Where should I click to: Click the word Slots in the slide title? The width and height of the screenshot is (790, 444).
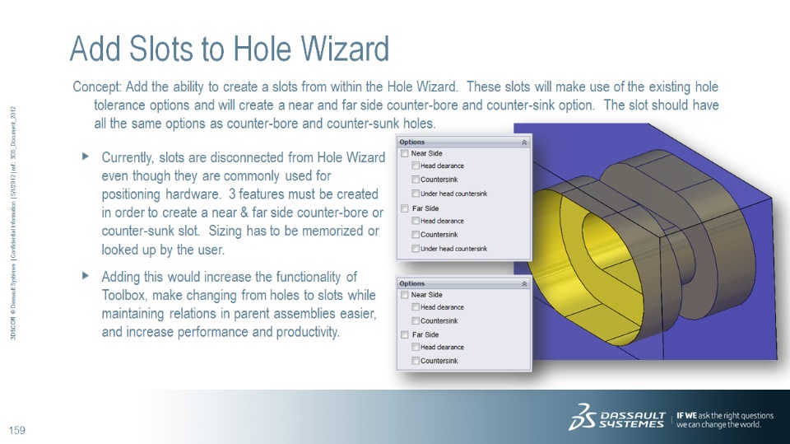(161, 49)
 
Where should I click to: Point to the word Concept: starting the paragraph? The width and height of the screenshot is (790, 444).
(97, 87)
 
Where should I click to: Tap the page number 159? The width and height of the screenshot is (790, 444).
(17, 430)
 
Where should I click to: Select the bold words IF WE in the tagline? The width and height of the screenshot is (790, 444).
(686, 415)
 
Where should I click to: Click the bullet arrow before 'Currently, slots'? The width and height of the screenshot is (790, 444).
(86, 157)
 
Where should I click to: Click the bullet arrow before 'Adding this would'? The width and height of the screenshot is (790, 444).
(86, 275)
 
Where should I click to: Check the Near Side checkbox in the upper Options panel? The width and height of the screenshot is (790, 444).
(405, 153)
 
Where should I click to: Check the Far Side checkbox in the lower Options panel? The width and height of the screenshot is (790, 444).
(405, 334)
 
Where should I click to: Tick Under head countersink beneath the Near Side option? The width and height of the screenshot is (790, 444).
(415, 194)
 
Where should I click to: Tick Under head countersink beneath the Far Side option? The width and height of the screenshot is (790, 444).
(415, 248)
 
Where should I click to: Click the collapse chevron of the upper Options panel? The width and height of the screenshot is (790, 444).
(524, 143)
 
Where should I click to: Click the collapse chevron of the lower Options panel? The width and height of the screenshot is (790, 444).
(524, 283)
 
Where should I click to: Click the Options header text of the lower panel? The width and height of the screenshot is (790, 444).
(412, 283)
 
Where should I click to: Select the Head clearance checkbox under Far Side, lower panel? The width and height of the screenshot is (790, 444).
(415, 347)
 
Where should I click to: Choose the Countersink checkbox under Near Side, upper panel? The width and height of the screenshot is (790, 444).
(415, 179)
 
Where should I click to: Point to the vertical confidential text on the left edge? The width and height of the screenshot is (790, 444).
(14, 222)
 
